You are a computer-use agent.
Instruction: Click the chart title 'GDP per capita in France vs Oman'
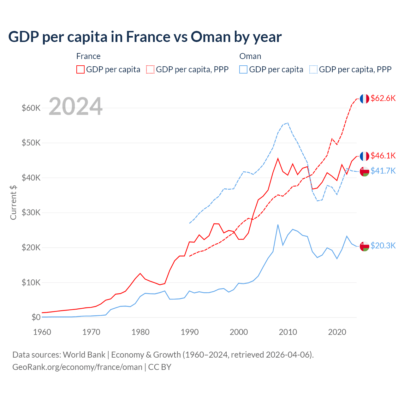point(145,37)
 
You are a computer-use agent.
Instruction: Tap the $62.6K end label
point(383,98)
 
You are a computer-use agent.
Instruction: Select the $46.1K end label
point(383,156)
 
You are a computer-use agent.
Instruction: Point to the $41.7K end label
point(383,171)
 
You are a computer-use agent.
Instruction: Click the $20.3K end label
point(383,246)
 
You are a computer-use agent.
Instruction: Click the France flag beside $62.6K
point(365,99)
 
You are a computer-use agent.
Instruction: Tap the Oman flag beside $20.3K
point(365,246)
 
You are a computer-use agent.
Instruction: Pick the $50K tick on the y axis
point(31,143)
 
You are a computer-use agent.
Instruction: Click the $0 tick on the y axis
point(36,317)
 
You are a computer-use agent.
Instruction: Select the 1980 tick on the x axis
point(140,332)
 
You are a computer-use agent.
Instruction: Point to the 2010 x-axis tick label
point(288,332)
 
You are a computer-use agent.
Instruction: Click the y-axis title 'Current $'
point(13,202)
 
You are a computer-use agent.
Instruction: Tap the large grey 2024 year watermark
point(76,106)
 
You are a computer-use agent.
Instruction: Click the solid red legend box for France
point(80,69)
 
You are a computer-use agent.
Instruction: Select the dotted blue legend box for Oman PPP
point(313,69)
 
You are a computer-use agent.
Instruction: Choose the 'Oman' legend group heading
point(250,56)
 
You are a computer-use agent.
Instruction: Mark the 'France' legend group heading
point(88,56)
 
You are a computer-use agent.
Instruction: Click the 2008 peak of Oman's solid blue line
point(278,225)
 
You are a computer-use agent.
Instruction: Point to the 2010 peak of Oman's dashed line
point(288,123)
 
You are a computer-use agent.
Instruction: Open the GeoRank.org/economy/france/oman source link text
point(77,367)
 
